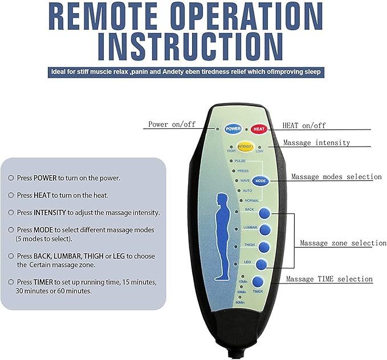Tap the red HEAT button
260,128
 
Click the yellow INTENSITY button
246,147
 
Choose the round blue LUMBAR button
265,230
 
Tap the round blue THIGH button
264,247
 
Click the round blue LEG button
261,264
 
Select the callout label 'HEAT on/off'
304,126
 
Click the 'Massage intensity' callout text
316,142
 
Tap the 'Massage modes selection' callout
336,177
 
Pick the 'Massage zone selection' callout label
343,243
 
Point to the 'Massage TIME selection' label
329,279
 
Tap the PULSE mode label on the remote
240,161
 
